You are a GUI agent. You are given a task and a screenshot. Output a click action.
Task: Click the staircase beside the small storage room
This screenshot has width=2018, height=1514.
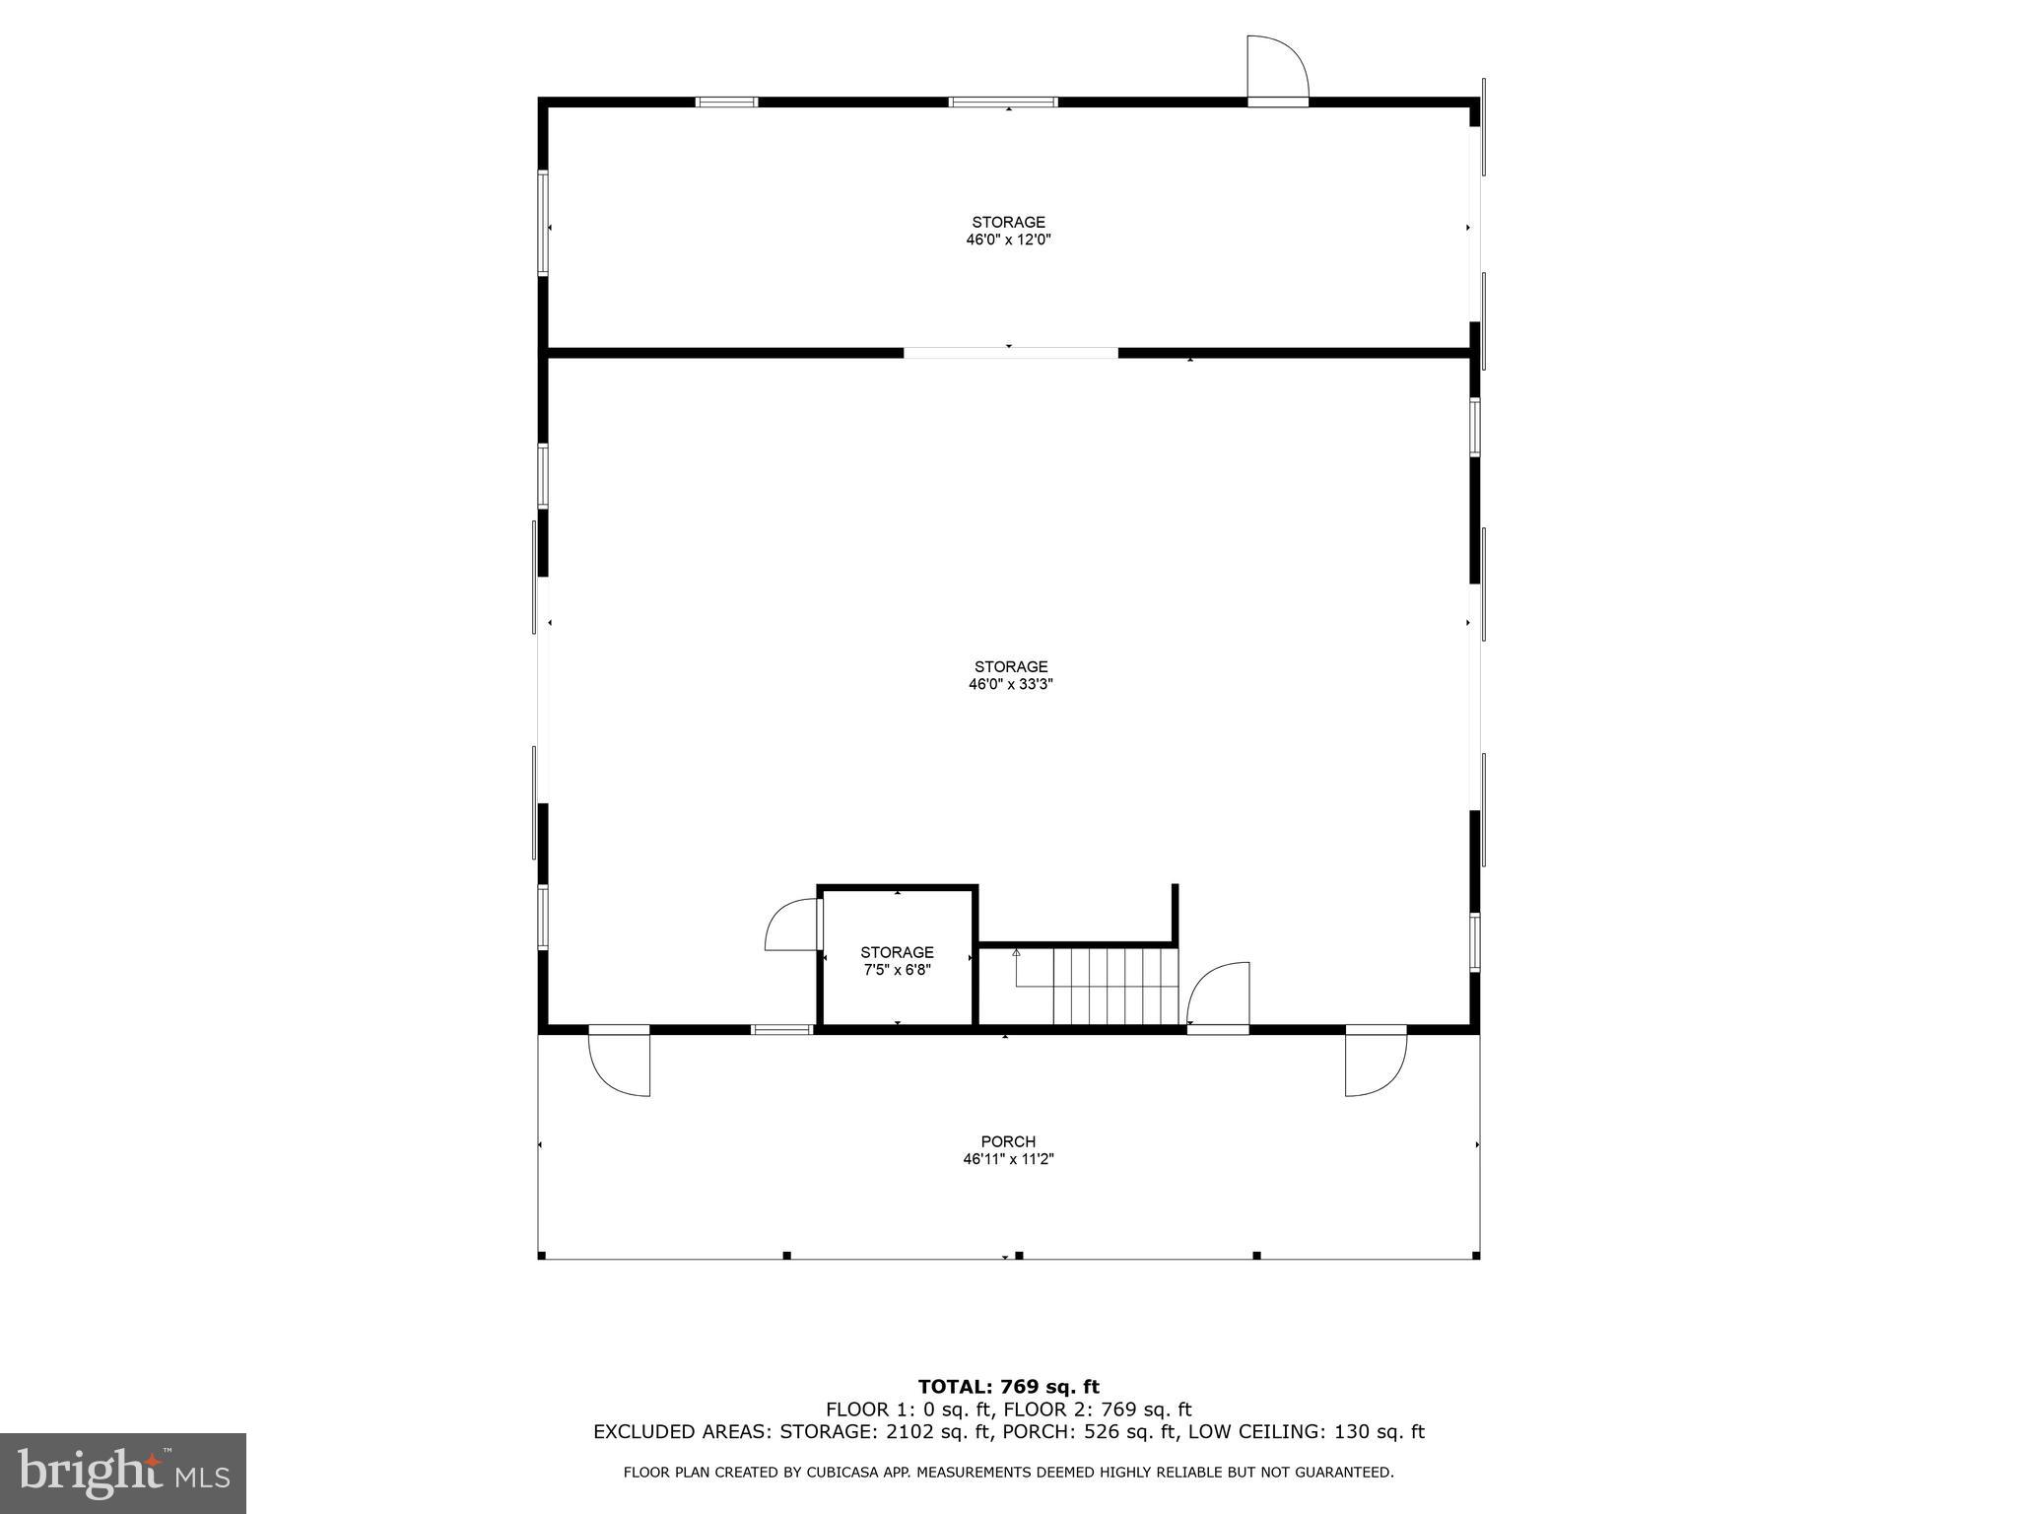1115,986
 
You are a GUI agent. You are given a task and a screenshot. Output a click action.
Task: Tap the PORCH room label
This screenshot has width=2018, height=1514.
1008,1141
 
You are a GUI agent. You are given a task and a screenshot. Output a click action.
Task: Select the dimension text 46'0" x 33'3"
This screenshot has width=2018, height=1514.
1011,684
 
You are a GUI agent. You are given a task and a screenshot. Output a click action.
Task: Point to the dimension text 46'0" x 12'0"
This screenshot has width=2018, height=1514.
1008,240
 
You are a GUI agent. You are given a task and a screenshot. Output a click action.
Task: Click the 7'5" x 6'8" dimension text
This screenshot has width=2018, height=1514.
897,970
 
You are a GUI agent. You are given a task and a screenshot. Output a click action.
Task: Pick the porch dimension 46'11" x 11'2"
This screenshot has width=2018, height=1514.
1008,1159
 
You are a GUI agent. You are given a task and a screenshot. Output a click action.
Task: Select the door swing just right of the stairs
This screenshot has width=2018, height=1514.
1219,996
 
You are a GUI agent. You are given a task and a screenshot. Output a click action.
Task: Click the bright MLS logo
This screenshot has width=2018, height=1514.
122,1473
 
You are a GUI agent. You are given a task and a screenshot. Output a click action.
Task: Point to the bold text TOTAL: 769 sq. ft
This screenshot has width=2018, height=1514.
1008,1388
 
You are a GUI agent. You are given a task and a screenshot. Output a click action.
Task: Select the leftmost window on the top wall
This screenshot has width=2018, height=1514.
726,102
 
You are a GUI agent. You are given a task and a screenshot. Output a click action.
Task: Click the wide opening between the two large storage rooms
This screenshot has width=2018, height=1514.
1010,352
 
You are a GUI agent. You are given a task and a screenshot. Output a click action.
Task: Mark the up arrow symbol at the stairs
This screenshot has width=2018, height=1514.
1016,953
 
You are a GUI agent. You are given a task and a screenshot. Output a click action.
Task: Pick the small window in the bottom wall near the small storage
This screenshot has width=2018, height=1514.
781,1030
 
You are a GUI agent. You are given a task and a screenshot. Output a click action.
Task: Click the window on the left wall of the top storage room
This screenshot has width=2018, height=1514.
543,223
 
